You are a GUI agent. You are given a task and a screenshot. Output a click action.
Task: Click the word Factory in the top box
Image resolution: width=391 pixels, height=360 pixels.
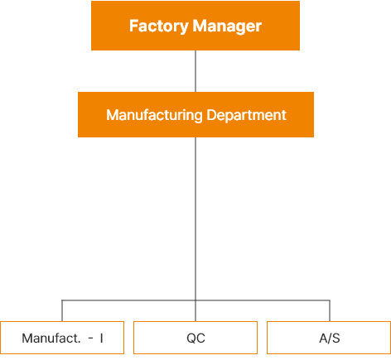(x=159, y=26)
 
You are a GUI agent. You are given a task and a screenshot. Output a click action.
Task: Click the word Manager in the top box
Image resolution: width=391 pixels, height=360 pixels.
(x=227, y=27)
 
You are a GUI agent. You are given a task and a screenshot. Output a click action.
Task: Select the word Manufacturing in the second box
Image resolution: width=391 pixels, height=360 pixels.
(x=154, y=115)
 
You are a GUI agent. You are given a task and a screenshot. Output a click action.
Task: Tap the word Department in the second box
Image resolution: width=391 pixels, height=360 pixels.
(x=246, y=115)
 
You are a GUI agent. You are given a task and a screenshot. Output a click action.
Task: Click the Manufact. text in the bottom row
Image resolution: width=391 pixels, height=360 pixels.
(x=51, y=338)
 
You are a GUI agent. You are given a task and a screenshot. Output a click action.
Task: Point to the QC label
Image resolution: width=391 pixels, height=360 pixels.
(x=195, y=338)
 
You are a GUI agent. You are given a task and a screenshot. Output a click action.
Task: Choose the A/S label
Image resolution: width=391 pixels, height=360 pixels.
(x=330, y=338)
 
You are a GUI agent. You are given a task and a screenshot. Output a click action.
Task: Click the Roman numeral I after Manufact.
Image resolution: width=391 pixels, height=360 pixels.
(x=102, y=338)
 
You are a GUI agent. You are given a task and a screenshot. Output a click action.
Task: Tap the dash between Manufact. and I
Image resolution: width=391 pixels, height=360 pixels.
(x=91, y=338)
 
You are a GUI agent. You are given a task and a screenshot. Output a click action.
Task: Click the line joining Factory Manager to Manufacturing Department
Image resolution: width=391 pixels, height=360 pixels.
(x=195, y=71)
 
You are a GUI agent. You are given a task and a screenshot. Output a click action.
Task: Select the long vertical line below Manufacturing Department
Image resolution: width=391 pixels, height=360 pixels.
(x=195, y=229)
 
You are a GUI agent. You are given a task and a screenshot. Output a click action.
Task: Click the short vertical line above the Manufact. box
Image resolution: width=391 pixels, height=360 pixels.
(x=62, y=311)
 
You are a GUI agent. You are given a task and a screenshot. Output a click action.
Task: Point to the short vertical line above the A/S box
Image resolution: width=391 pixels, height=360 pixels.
(x=330, y=311)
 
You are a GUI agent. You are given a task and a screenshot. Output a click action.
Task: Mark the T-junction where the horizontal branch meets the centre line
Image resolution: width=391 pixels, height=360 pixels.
(x=195, y=300)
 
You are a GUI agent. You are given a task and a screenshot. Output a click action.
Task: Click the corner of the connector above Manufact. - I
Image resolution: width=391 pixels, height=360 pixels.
(x=62, y=300)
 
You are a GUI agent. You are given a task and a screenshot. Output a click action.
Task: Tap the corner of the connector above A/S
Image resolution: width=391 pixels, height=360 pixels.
(x=330, y=300)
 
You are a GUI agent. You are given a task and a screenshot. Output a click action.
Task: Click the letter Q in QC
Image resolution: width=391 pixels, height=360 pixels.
(x=191, y=338)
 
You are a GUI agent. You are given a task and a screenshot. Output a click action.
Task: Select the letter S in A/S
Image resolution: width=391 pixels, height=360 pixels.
(x=335, y=338)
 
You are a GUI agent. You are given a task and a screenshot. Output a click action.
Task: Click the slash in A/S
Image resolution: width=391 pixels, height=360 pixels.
(x=330, y=338)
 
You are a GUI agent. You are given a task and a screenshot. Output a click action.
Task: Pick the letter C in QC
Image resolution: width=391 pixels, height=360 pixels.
(x=200, y=338)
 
